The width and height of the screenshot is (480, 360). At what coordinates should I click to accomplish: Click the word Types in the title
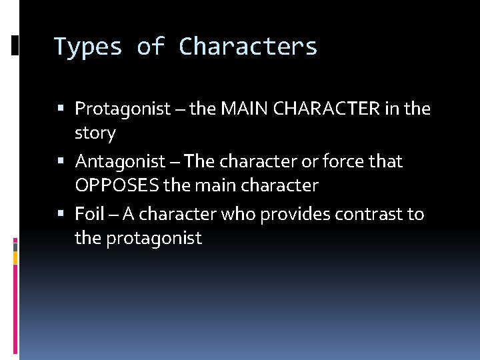[x=87, y=47]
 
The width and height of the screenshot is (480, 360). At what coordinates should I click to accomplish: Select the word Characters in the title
[x=248, y=47]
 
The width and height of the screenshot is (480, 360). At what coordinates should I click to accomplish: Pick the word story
[x=95, y=133]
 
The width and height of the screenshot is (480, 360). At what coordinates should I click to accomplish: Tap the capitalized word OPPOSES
[x=117, y=186]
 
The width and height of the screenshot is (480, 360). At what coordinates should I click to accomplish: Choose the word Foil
[x=90, y=214]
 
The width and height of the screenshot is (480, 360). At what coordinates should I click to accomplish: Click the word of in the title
[x=151, y=47]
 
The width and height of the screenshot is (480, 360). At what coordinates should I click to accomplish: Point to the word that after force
[x=387, y=161]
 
